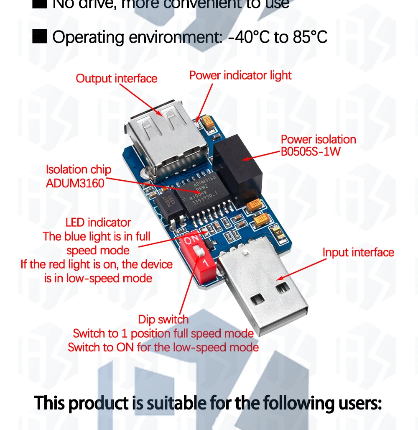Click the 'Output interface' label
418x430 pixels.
[116, 79]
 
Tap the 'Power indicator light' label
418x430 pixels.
[240, 75]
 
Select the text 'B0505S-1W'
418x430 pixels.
[311, 151]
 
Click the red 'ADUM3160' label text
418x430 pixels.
[75, 183]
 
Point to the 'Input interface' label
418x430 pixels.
[358, 252]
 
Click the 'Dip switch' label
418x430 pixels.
[163, 320]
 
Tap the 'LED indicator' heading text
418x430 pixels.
[98, 223]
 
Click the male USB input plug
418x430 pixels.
[263, 289]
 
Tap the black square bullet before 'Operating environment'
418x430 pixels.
[40, 36]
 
